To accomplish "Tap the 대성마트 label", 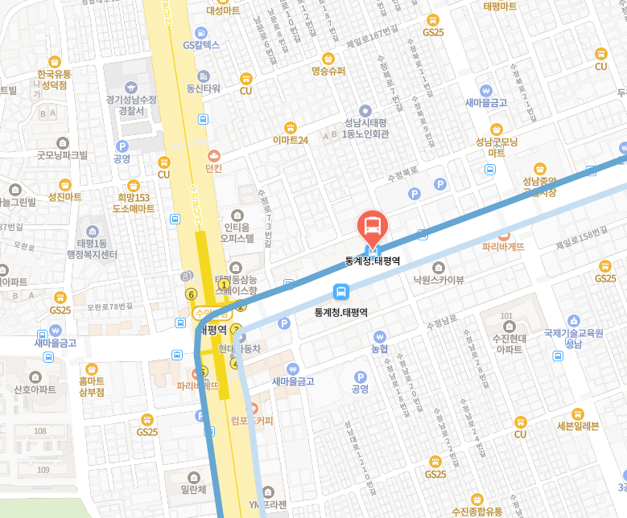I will tap(223, 10).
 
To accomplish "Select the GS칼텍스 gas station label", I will tap(200, 45).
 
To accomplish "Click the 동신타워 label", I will tap(203, 88).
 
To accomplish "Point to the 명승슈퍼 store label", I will tap(328, 71).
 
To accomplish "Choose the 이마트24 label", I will tap(291, 140).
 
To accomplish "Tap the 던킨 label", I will tap(213, 168).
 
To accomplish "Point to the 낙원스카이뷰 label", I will tap(439, 280).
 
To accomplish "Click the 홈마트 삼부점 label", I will tap(91, 386).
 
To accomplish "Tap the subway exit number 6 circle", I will tap(191, 294).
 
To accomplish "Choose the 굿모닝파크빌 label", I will tap(62, 154).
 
